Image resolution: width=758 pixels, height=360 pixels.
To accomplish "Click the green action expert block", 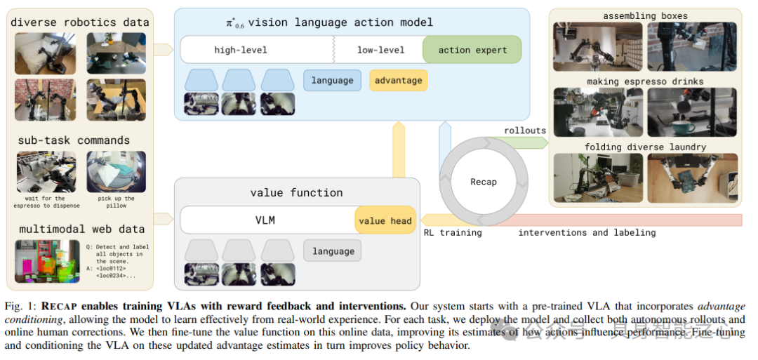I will pyautogui.click(x=473, y=50).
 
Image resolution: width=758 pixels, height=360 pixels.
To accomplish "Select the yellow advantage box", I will pyautogui.click(x=398, y=80).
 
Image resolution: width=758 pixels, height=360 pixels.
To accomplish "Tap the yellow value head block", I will pyautogui.click(x=385, y=220).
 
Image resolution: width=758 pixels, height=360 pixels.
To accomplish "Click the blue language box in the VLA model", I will pyautogui.click(x=332, y=80).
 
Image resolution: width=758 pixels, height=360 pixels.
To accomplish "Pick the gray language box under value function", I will pyautogui.click(x=332, y=251).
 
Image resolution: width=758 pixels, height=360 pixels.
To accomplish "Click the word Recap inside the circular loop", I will pyautogui.click(x=484, y=182).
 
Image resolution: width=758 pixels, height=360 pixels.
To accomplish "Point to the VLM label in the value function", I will pyautogui.click(x=265, y=220).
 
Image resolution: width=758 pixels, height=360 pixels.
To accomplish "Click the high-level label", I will pyautogui.click(x=241, y=50).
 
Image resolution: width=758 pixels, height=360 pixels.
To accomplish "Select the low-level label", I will pyautogui.click(x=380, y=50).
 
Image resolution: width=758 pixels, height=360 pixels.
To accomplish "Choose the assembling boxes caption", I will pyautogui.click(x=645, y=15).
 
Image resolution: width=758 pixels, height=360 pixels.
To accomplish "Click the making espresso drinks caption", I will pyautogui.click(x=645, y=81).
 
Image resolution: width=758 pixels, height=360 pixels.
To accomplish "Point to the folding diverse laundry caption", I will pyautogui.click(x=645, y=147).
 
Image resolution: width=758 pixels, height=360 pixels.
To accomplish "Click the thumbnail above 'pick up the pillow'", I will pyautogui.click(x=117, y=172).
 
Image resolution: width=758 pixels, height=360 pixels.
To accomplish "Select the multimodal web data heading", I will pyautogui.click(x=81, y=229).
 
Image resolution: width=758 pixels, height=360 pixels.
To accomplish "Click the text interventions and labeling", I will pyautogui.click(x=587, y=232).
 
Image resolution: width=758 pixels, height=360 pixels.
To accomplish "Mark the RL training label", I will pyautogui.click(x=453, y=232).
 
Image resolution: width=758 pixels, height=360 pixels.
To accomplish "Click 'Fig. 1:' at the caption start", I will pyautogui.click(x=22, y=307).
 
